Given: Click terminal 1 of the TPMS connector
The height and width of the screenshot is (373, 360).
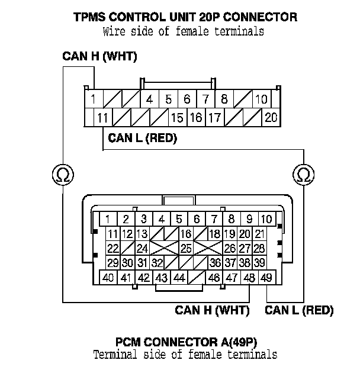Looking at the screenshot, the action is [94, 99].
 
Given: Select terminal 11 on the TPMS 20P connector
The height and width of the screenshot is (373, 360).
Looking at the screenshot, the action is [103, 117].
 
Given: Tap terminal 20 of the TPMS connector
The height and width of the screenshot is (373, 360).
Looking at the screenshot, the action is [271, 117].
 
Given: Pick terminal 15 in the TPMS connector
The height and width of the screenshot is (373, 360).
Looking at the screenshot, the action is [178, 117].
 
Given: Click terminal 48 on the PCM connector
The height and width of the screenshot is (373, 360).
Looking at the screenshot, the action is [249, 277].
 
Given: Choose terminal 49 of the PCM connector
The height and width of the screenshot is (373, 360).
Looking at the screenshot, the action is [267, 277].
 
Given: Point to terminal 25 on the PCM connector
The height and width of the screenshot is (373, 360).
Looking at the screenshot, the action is [186, 248].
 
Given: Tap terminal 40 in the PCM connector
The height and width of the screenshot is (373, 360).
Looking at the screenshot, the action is [108, 277].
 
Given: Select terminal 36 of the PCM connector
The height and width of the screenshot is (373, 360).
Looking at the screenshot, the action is [216, 263].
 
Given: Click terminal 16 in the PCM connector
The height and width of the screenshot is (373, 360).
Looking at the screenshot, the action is [186, 234].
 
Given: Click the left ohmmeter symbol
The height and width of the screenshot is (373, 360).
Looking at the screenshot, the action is [63, 175].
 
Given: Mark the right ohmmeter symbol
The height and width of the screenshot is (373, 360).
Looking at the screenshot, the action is [303, 175].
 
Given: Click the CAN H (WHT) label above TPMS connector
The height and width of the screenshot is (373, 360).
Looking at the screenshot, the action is [99, 56].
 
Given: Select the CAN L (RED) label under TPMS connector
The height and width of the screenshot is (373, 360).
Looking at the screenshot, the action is [143, 138].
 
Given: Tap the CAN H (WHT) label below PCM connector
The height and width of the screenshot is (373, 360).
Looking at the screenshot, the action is [212, 310].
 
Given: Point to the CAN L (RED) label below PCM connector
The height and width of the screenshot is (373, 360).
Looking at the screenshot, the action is [299, 310].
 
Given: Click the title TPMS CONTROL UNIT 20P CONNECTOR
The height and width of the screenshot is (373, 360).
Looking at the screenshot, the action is [185, 17].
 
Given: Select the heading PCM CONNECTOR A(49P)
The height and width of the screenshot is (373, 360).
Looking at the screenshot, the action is [187, 342].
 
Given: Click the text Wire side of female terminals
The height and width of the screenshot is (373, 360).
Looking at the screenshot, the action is [184, 31].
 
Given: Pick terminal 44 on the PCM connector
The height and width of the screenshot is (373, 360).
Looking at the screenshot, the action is [179, 277].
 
